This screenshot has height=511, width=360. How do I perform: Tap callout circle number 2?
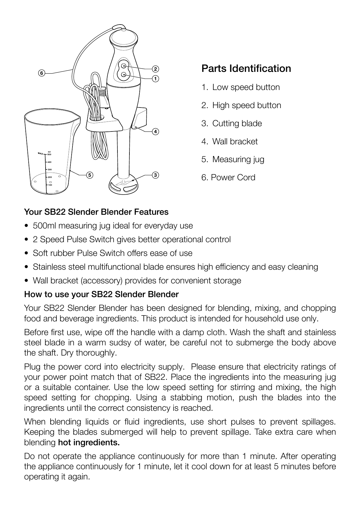pyautogui.click(x=155, y=69)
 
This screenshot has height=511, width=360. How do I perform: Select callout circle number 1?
pyautogui.click(x=155, y=79)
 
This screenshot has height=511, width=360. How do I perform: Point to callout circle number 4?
pyautogui.click(x=155, y=131)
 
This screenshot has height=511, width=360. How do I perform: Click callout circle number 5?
pyautogui.click(x=89, y=175)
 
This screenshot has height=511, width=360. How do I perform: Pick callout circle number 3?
pyautogui.click(x=155, y=175)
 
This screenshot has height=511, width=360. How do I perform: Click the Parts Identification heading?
pyautogui.click(x=246, y=68)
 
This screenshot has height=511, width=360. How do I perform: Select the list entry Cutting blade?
pyautogui.click(x=237, y=123)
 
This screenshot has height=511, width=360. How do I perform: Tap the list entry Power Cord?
pyautogui.click(x=233, y=177)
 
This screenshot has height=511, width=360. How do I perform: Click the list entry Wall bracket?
pyautogui.click(x=235, y=141)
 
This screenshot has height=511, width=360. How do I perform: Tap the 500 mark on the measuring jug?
pyautogui.click(x=49, y=154)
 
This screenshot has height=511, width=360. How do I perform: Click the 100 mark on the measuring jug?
pyautogui.click(x=50, y=185)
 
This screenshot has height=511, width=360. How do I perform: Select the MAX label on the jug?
pyautogui.click(x=40, y=153)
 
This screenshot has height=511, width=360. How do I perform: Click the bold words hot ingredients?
pyautogui.click(x=89, y=442)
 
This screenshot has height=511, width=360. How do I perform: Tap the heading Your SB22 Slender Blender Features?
pyautogui.click(x=96, y=212)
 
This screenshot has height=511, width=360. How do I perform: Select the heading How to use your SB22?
pyautogui.click(x=101, y=294)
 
